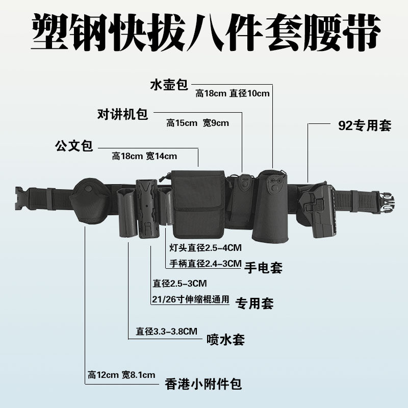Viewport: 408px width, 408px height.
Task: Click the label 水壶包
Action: pos(169,85)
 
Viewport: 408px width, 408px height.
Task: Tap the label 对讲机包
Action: pos(122,114)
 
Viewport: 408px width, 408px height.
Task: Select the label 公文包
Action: pos(74,146)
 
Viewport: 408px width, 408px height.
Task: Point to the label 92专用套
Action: pos(365,125)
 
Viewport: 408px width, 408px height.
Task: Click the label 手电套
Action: pos(263,267)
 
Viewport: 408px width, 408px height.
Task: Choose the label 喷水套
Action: pos(225,340)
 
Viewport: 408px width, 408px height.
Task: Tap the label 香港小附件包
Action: pos(203,384)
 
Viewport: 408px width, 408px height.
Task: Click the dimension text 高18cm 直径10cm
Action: pos(233,93)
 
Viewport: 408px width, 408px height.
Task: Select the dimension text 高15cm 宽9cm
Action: pos(197,123)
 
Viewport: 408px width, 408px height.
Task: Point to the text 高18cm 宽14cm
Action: pos(144,156)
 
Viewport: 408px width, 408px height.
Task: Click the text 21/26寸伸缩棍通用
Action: pos(190,299)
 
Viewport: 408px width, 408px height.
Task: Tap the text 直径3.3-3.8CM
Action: pos(167,331)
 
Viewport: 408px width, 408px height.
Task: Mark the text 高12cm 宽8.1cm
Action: pos(121,375)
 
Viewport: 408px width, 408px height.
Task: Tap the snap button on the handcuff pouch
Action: pos(89,188)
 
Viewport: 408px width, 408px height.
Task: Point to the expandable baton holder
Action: pos(147,209)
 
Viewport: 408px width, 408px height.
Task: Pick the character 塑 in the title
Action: pos(50,33)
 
